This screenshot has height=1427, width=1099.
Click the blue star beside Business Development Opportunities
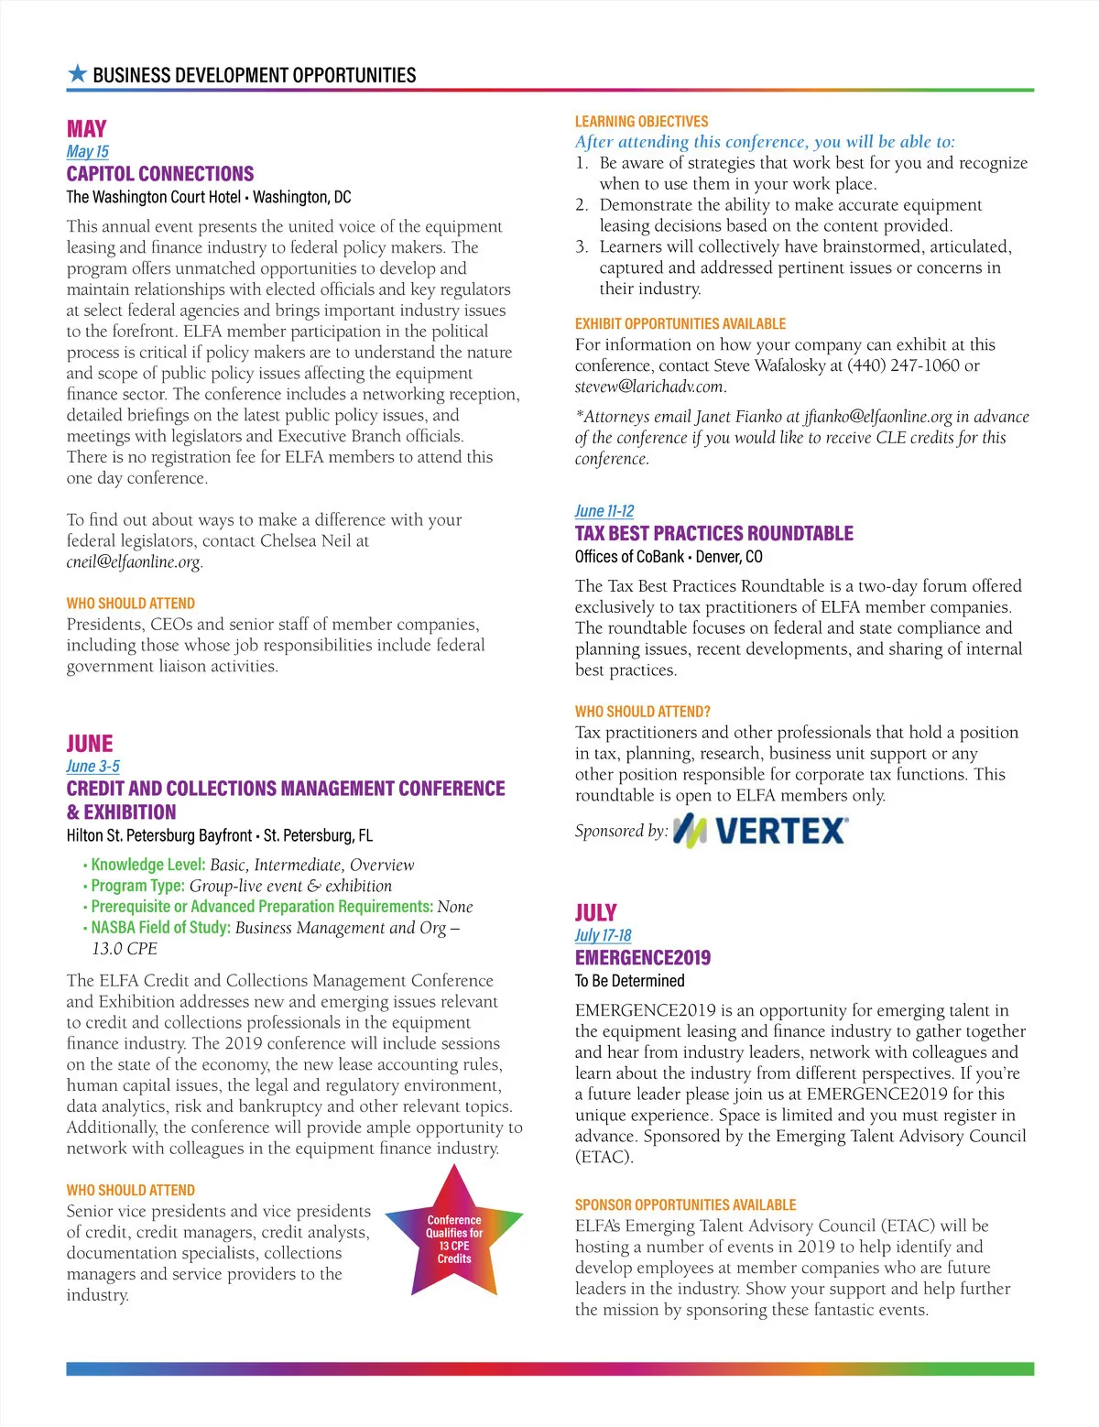click(x=78, y=74)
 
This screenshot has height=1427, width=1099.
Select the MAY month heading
click(x=86, y=129)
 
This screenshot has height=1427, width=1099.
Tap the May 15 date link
click(x=87, y=151)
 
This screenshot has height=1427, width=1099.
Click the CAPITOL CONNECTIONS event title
click(x=159, y=174)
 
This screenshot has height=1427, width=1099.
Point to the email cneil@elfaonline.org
click(x=134, y=561)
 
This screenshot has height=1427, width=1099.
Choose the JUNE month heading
click(x=90, y=744)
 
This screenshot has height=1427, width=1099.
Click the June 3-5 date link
click(x=92, y=766)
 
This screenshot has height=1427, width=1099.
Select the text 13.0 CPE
click(x=125, y=948)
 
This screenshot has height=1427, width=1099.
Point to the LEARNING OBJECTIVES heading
click(x=641, y=122)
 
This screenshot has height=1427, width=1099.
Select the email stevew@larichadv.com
click(x=649, y=387)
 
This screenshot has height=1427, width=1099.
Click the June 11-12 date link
click(x=604, y=511)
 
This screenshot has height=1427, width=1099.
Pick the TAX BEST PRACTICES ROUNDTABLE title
click(x=713, y=533)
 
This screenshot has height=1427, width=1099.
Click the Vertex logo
click(x=760, y=831)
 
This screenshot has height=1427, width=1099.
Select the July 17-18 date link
click(x=603, y=935)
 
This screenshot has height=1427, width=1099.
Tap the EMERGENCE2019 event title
click(x=642, y=958)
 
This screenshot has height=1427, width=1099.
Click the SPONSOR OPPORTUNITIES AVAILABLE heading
click(x=685, y=1204)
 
